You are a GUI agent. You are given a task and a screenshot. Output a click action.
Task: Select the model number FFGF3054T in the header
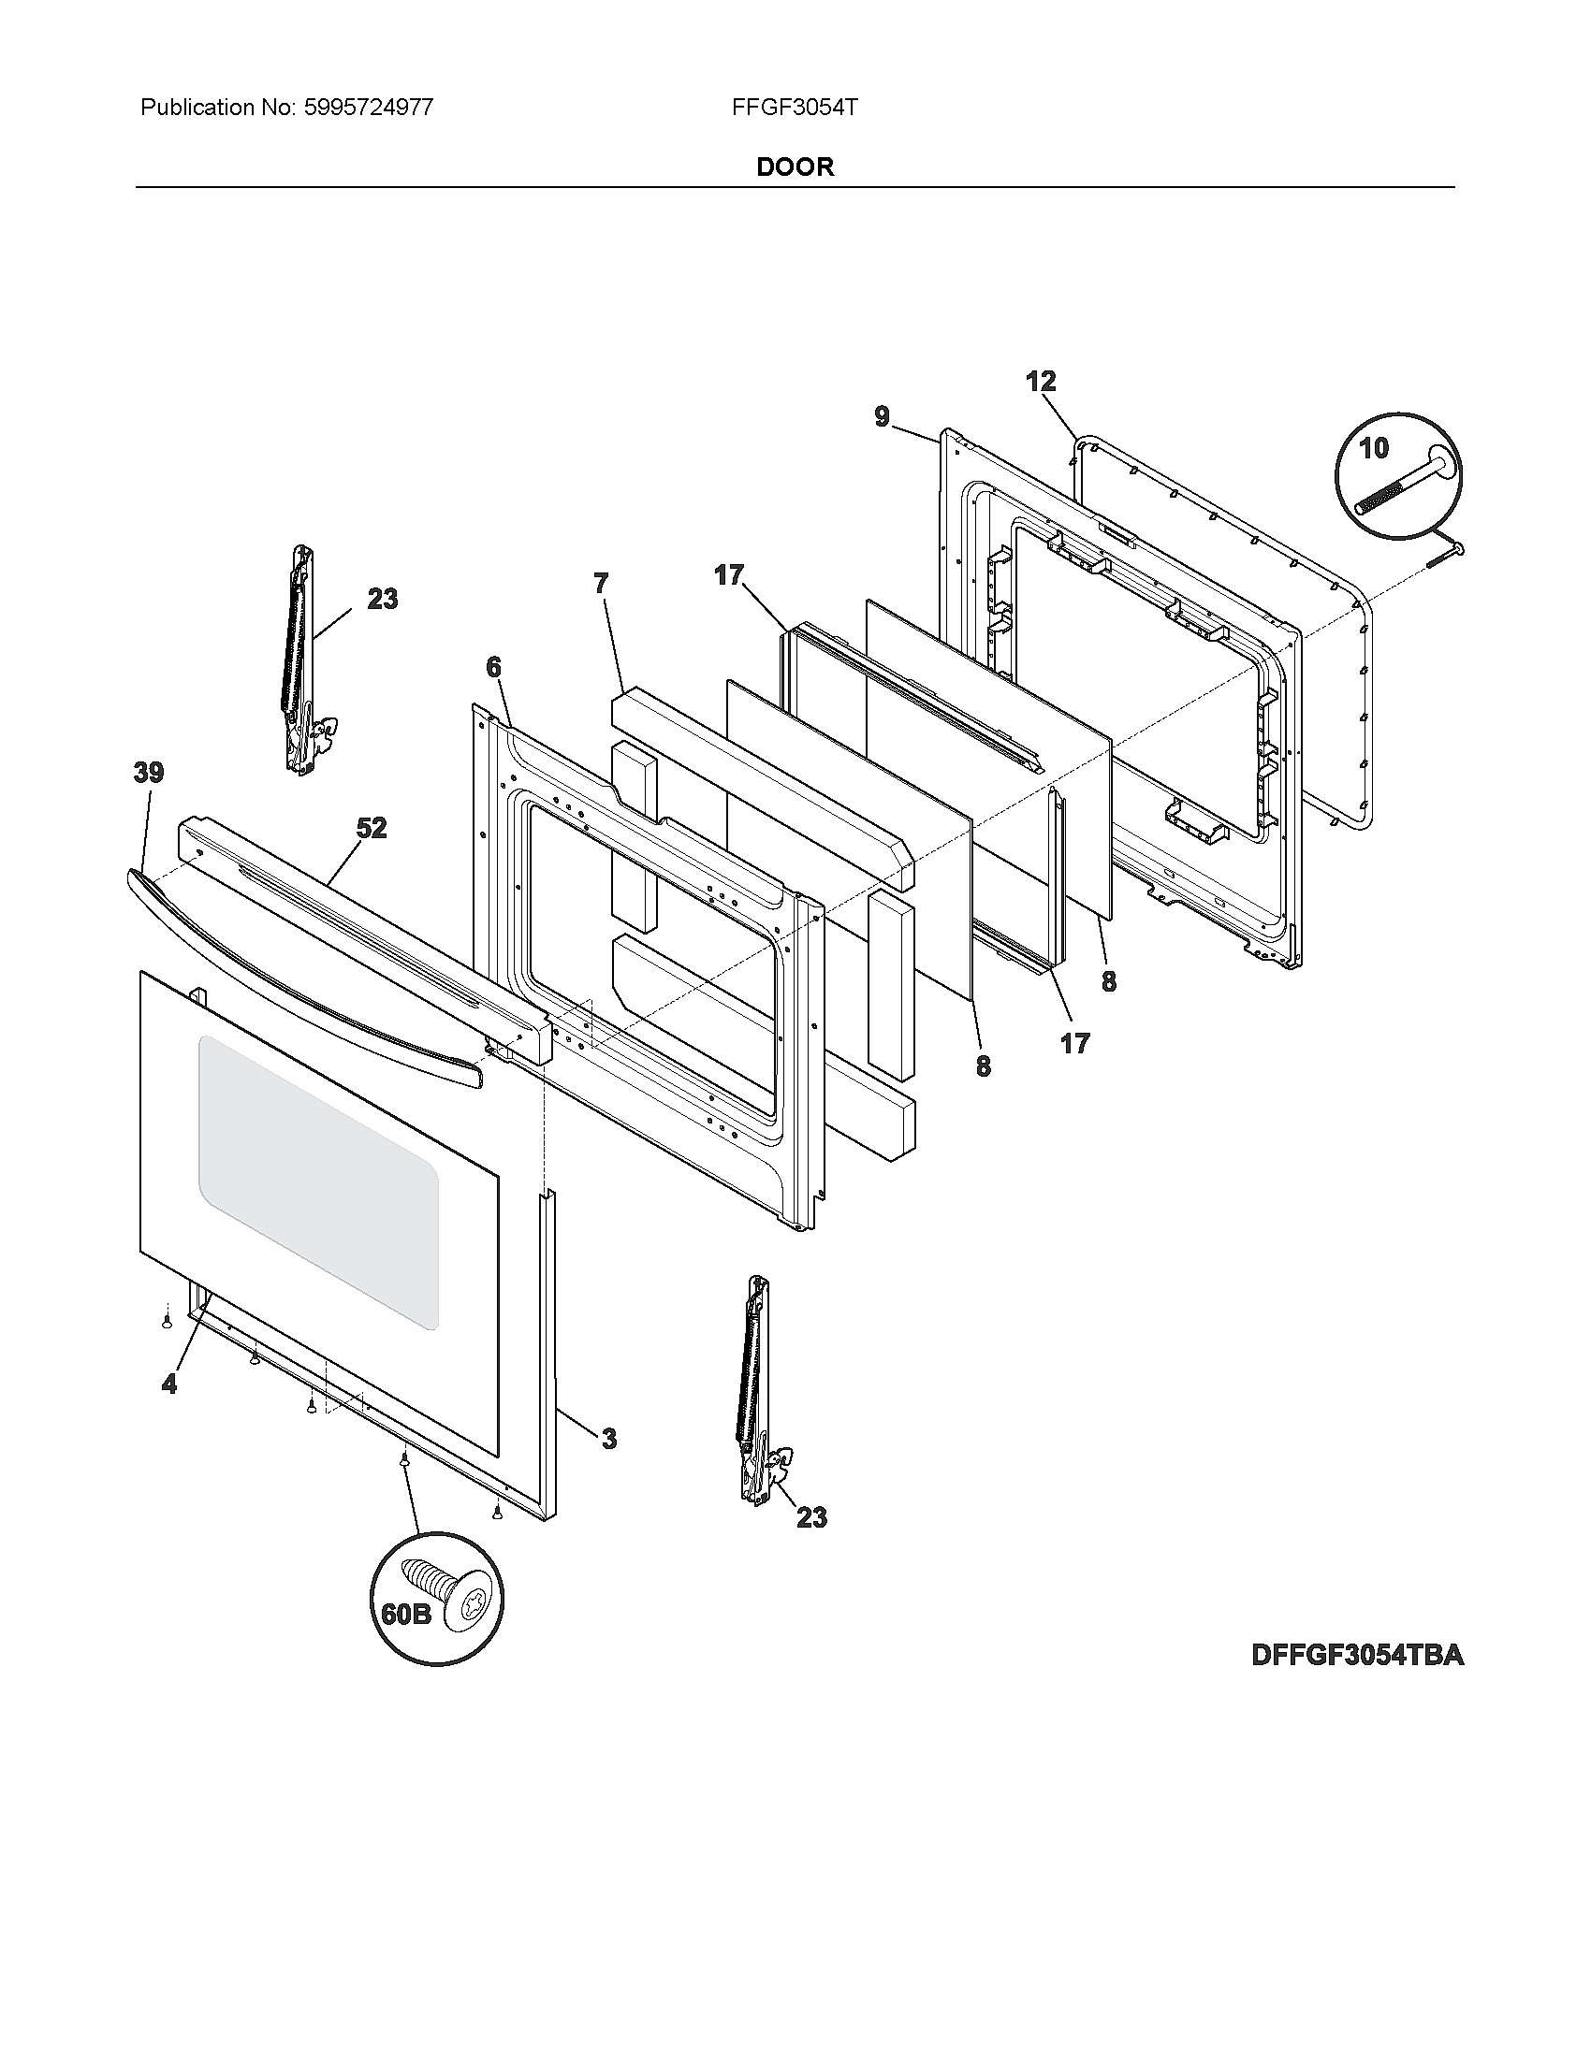(794, 108)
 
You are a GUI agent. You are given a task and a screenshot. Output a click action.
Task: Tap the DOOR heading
(795, 167)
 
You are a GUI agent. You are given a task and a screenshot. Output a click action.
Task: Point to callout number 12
(1041, 382)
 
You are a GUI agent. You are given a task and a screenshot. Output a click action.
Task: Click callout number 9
(882, 416)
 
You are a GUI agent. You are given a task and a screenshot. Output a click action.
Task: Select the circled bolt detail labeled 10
(1400, 476)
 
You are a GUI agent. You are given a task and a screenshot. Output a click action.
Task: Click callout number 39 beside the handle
(148, 773)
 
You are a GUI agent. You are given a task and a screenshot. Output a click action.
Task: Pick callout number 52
(372, 827)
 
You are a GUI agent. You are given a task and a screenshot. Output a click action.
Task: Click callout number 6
(493, 667)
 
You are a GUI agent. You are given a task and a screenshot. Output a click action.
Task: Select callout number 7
(601, 584)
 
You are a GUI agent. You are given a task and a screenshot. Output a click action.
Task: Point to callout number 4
(168, 1384)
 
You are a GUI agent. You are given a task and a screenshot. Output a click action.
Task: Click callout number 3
(609, 1439)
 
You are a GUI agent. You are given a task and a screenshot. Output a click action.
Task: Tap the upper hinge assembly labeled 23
(301, 659)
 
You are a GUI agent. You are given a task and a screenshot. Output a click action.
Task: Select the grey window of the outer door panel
(318, 1182)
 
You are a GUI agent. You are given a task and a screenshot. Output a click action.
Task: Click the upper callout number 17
(728, 574)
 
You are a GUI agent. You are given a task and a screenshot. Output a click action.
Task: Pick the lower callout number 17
(1074, 1042)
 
